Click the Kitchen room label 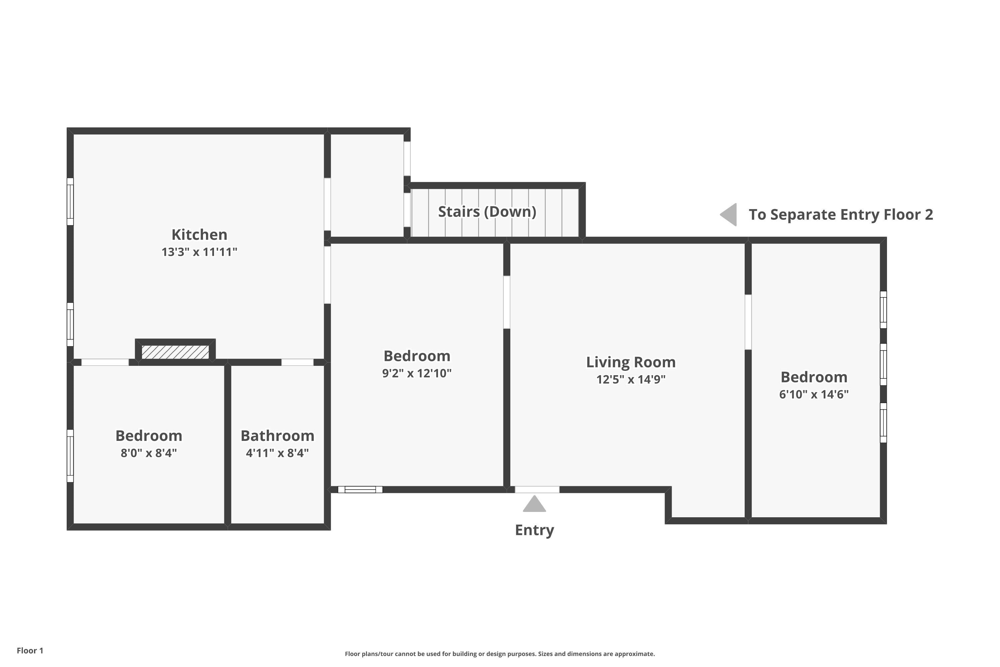tap(199, 234)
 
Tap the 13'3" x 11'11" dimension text tap(199, 252)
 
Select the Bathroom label tap(277, 436)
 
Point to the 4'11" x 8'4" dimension tap(277, 453)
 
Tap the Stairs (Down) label tap(487, 211)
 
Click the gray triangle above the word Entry tap(534, 504)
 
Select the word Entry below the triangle tap(534, 530)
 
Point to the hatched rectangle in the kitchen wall tap(175, 352)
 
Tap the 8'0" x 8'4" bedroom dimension tap(148, 453)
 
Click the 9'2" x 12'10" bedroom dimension tap(417, 373)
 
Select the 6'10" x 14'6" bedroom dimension tap(814, 394)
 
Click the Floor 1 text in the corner tap(30, 650)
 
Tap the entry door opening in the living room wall tap(537, 490)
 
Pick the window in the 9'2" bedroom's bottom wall tap(360, 490)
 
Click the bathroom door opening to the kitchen tap(297, 363)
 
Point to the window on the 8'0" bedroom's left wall tap(70, 456)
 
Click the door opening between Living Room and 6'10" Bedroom tap(748, 322)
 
